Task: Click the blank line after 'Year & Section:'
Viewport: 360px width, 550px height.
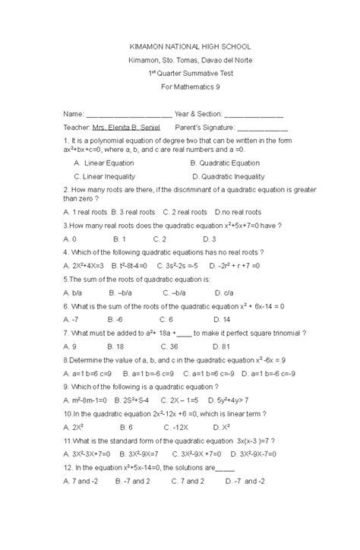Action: (x=255, y=113)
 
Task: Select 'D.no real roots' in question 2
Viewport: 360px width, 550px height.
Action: (x=238, y=212)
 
